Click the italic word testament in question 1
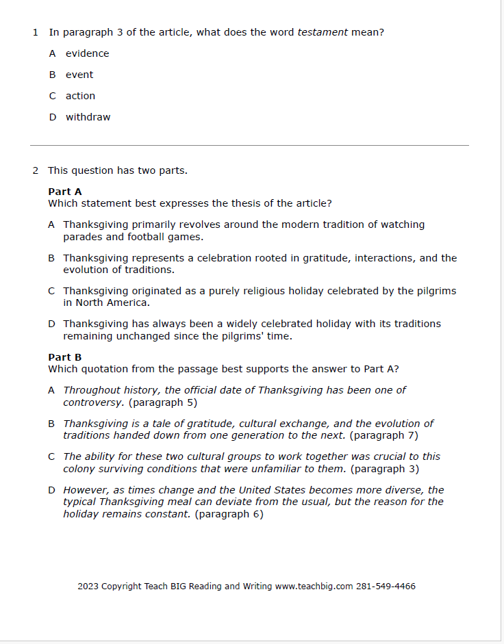tap(323, 32)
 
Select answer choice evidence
tap(87, 53)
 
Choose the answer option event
tap(79, 75)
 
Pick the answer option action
tap(80, 96)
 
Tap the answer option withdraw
tap(88, 117)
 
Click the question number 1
tap(35, 32)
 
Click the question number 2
tap(35, 170)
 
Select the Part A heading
tap(65, 192)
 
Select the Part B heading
tap(65, 357)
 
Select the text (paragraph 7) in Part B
tap(383, 435)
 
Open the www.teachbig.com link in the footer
tap(314, 587)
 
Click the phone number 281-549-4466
tap(386, 587)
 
